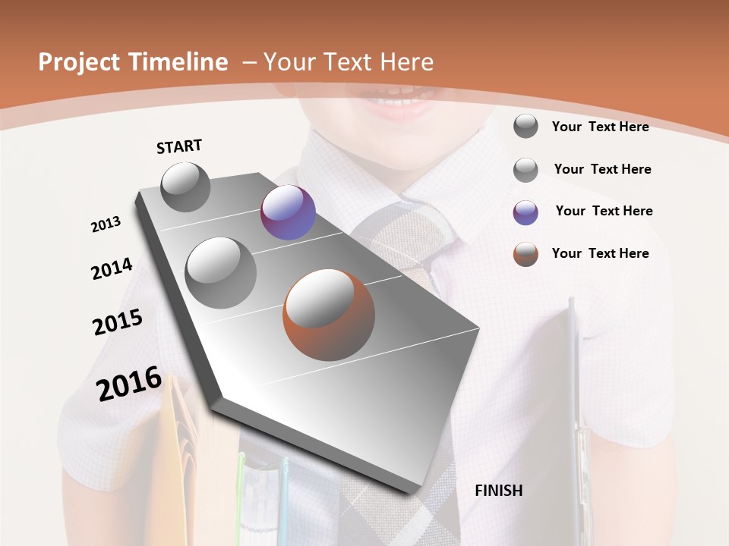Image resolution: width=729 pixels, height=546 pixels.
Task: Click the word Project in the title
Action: (x=79, y=62)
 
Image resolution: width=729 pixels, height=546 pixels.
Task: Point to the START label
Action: (x=179, y=146)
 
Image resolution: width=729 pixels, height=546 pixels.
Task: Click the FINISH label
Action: (x=498, y=491)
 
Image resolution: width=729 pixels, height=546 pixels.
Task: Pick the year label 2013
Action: (x=106, y=224)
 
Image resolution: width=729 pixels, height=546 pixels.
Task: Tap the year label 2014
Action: (x=112, y=269)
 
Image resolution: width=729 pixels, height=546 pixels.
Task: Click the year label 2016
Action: (x=129, y=384)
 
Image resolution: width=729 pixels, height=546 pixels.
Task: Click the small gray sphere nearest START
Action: (x=186, y=187)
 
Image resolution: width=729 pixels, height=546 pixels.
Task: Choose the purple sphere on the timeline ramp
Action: (x=288, y=212)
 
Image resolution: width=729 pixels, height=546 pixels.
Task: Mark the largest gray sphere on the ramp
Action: (x=221, y=272)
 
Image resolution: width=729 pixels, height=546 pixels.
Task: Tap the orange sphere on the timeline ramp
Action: (x=329, y=315)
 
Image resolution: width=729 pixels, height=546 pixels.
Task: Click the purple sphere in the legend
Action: (x=525, y=212)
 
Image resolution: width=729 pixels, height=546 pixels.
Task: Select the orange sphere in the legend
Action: (x=525, y=254)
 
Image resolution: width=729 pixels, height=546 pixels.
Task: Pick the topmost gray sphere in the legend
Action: (x=525, y=126)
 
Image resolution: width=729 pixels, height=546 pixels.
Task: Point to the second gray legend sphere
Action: (x=525, y=170)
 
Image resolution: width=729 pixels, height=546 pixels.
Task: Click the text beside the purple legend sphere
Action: (x=604, y=211)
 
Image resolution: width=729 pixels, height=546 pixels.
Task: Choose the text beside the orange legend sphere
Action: (x=600, y=253)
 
